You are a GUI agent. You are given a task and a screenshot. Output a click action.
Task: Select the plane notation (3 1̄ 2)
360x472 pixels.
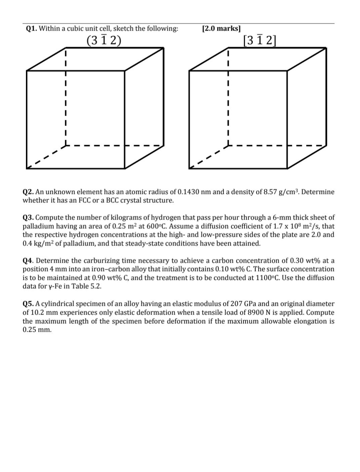point(104,40)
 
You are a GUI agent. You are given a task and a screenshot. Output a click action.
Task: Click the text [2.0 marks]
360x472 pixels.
point(221,28)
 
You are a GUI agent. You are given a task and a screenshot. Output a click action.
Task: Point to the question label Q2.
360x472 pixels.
point(28,192)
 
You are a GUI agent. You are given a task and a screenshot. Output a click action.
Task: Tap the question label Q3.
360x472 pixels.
point(28,218)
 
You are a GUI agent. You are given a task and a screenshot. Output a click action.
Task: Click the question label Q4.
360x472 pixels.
point(28,261)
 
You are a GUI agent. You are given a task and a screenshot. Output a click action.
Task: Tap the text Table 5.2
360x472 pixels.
point(85,286)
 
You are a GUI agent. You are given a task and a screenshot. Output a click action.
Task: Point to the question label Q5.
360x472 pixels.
point(28,304)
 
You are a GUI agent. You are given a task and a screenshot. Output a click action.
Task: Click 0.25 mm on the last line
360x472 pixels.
point(37,330)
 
